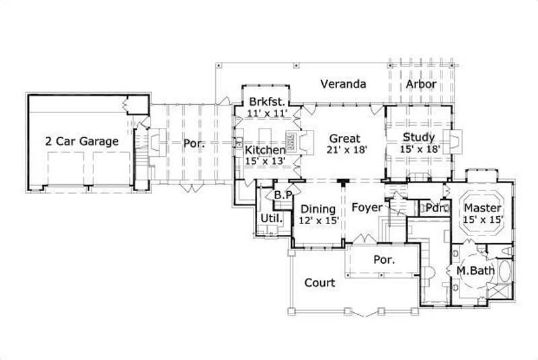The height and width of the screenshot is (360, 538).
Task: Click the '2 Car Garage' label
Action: point(82,141)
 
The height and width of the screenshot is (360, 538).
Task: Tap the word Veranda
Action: point(343,85)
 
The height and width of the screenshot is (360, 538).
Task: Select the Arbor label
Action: point(421,85)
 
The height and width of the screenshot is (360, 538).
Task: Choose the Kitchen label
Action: point(264,149)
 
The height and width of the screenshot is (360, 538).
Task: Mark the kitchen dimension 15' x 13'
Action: point(264,161)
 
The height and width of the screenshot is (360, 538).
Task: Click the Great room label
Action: point(344,139)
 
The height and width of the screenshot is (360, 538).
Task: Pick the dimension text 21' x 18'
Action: point(346,151)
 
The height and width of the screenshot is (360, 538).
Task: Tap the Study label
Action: point(419,137)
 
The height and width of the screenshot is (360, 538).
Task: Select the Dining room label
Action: point(317,209)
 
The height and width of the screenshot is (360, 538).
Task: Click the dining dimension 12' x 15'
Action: point(318,220)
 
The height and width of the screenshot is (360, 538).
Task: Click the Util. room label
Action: point(271,219)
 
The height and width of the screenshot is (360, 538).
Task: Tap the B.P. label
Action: point(281,195)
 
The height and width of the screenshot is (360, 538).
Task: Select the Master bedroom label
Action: point(482,208)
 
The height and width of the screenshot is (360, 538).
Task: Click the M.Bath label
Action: point(476,271)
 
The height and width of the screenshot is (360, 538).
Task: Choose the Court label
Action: point(319,283)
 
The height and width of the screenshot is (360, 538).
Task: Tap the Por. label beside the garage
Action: point(194,144)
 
